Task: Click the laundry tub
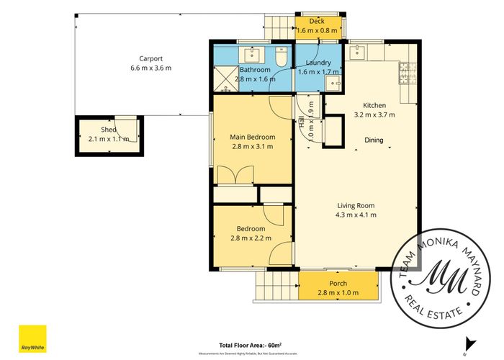pyautogui.click(x=334, y=84)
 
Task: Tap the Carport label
pyautogui.click(x=151, y=58)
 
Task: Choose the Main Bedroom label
pyautogui.click(x=252, y=137)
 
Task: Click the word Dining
pyautogui.click(x=374, y=140)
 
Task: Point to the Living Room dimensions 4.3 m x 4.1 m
pyautogui.click(x=356, y=215)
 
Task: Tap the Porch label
pyautogui.click(x=338, y=283)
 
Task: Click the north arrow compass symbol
pyautogui.click(x=469, y=344)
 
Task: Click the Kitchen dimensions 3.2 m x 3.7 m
pyautogui.click(x=374, y=114)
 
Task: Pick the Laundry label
pyautogui.click(x=318, y=63)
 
